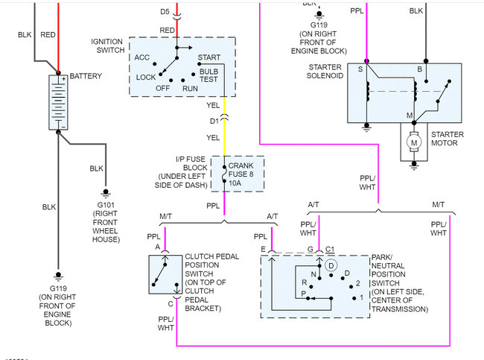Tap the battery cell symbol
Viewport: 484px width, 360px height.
pyautogui.click(x=58, y=102)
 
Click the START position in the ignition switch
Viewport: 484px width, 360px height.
pyautogui.click(x=208, y=57)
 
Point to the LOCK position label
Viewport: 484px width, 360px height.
pyautogui.click(x=146, y=77)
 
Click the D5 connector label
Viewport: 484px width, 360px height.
pyautogui.click(x=165, y=13)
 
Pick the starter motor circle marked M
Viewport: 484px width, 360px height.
pyautogui.click(x=413, y=139)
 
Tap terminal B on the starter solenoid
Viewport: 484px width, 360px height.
pyautogui.click(x=419, y=69)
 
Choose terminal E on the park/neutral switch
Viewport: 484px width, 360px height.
pyautogui.click(x=262, y=250)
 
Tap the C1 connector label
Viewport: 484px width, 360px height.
pyautogui.click(x=330, y=250)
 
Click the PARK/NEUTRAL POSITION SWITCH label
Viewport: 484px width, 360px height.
pyautogui.click(x=399, y=282)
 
